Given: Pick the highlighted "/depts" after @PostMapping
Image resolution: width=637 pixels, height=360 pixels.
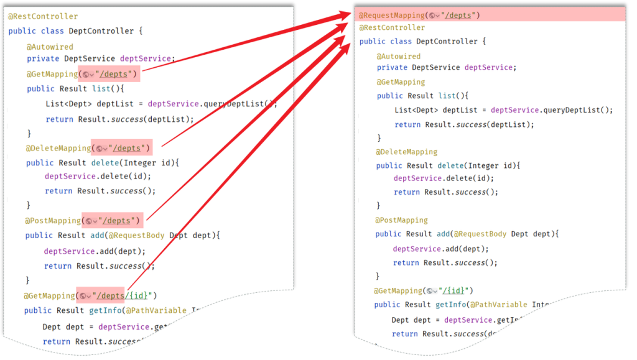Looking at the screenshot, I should pyautogui.click(x=118, y=221).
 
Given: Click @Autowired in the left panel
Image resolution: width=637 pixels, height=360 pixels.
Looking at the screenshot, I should pyautogui.click(x=50, y=47).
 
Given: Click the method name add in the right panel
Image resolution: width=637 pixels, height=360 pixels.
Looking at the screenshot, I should pyautogui.click(x=443, y=234).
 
